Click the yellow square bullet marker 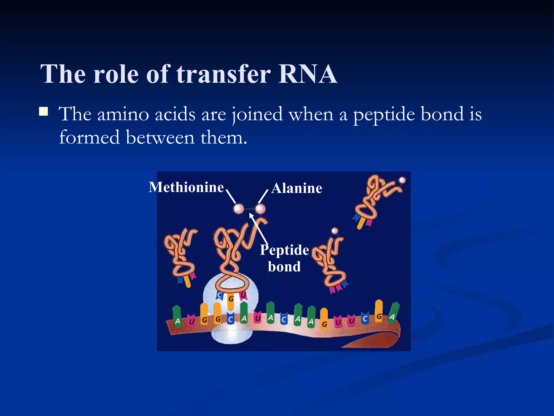pyautogui.click(x=43, y=111)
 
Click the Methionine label pyautogui.click(x=186, y=187)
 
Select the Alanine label pyautogui.click(x=297, y=188)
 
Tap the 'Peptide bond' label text pyautogui.click(x=284, y=258)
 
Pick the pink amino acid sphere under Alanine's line pyautogui.click(x=260, y=209)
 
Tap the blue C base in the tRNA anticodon pyautogui.click(x=220, y=296)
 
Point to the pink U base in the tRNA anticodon pyautogui.click(x=243, y=295)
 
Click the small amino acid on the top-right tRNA pyautogui.click(x=402, y=180)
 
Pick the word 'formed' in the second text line pyautogui.click(x=89, y=137)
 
